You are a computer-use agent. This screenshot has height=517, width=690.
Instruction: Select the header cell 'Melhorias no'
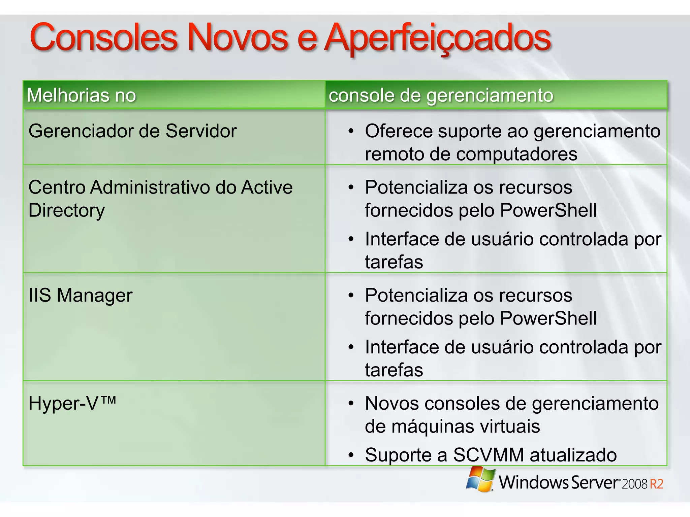click(81, 95)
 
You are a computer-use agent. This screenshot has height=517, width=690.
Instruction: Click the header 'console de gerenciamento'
click(441, 95)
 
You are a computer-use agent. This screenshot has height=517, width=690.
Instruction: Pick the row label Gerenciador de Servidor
click(132, 131)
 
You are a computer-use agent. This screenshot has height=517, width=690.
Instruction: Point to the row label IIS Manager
click(80, 296)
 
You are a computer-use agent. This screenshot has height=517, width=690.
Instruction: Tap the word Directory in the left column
click(66, 210)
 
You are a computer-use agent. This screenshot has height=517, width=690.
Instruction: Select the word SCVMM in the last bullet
click(488, 455)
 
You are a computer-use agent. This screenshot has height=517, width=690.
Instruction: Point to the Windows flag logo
click(480, 479)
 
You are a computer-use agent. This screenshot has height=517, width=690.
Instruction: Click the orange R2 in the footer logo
click(656, 484)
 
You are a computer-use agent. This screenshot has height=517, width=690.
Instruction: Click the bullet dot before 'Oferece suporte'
click(351, 131)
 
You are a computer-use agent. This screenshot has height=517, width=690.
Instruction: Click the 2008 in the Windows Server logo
click(634, 484)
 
